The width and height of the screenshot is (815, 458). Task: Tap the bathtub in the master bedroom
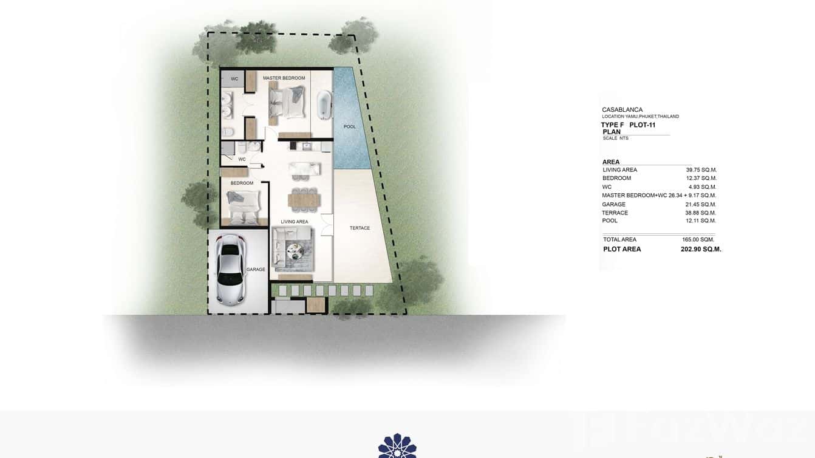[324, 104]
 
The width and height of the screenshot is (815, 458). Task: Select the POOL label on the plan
[349, 126]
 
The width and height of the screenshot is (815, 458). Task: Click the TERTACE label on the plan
[360, 228]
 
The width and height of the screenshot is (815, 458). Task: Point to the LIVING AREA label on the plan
[294, 222]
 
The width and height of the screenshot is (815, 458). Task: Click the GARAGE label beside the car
[256, 269]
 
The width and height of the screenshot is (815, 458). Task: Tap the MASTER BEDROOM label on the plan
[284, 78]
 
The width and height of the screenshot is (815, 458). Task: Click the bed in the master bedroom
[287, 101]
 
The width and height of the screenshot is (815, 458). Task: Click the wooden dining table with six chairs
[302, 198]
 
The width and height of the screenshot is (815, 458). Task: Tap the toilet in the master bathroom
[227, 132]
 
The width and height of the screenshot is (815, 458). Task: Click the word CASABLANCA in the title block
[622, 110]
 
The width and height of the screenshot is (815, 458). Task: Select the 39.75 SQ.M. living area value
[701, 170]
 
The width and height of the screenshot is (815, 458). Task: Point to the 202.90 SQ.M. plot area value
[701, 249]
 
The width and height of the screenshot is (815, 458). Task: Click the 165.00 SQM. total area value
[698, 239]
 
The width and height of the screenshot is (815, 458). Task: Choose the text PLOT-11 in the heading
[643, 125]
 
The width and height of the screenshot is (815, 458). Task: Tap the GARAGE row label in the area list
[614, 204]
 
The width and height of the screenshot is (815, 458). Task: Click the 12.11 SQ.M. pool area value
[701, 220]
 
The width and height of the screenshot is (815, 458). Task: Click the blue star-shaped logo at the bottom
[397, 446]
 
